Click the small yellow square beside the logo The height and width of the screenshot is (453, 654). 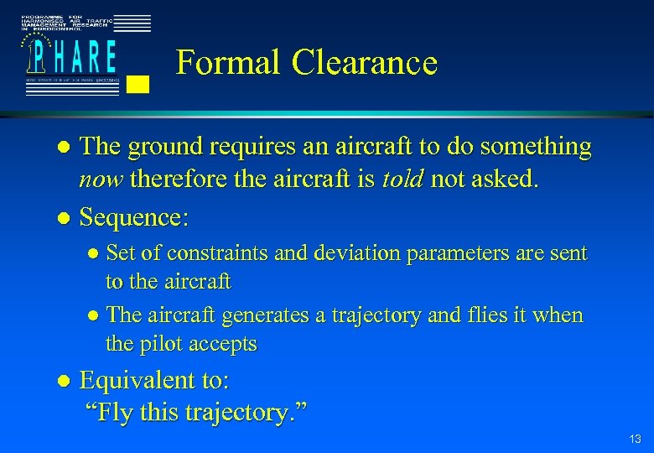point(140,83)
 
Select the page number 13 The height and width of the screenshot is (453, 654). point(634,440)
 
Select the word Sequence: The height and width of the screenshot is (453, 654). point(133,218)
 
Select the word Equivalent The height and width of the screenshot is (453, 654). point(134,381)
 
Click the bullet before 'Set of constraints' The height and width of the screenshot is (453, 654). point(94,253)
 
